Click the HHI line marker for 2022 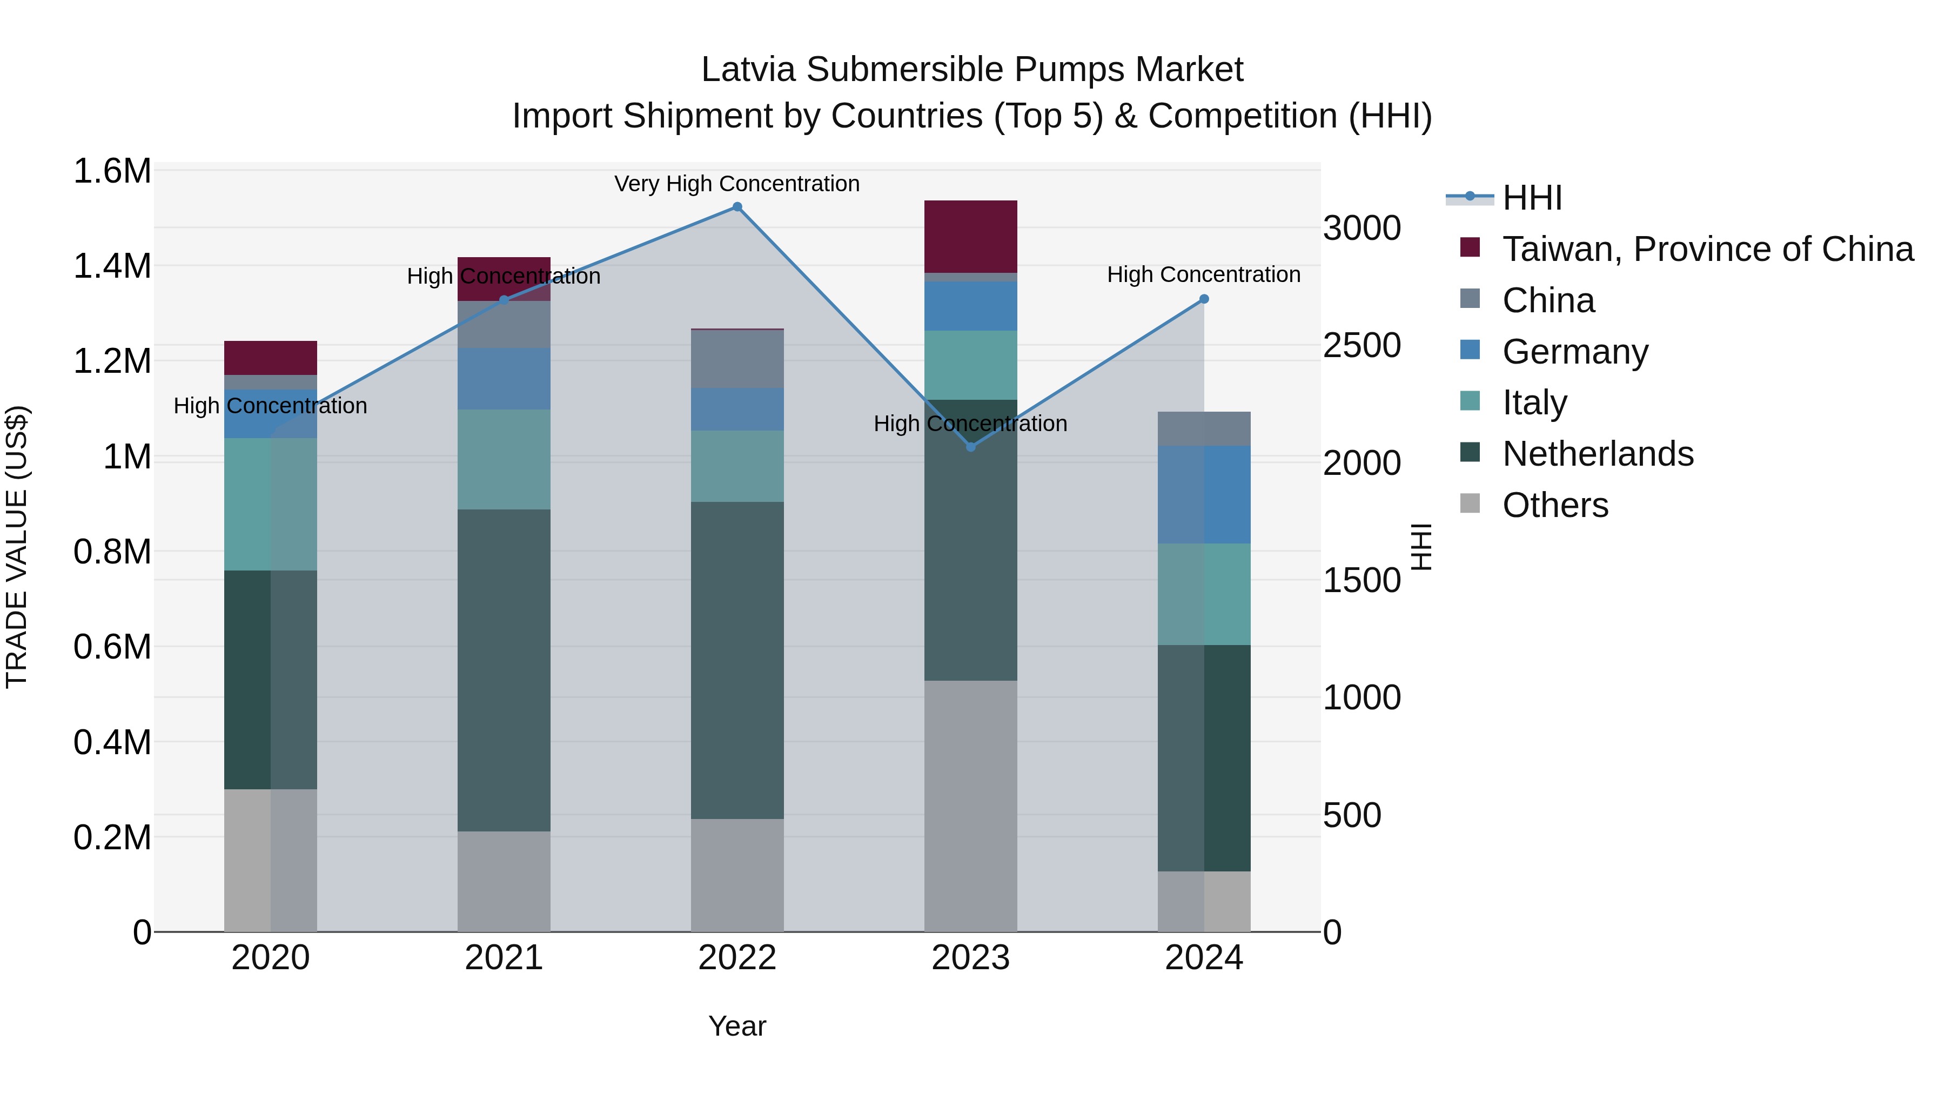pos(737,207)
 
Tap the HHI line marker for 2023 pos(971,447)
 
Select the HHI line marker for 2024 pos(1204,299)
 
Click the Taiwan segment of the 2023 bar pos(971,236)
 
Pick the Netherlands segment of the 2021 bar pos(504,670)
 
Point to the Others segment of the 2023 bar pos(971,806)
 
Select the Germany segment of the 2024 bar pos(1204,494)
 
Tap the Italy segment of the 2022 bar pos(737,466)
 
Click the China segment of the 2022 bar pos(737,359)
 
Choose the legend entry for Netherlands pos(1597,454)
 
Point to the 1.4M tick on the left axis pos(112,266)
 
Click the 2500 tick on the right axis pos(1361,345)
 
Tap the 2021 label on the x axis pos(504,958)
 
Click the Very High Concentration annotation pos(737,184)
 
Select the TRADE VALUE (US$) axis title pos(17,547)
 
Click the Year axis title pos(737,1026)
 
